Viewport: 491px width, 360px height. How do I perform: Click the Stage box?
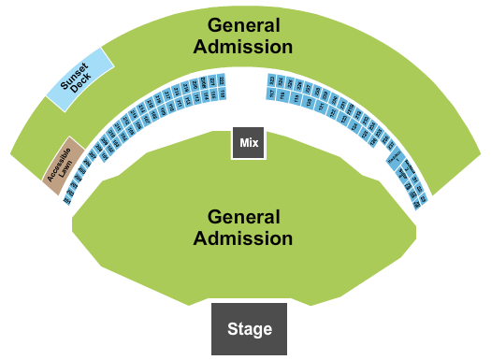[x=249, y=328]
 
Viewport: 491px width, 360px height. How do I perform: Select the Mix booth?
[x=248, y=143]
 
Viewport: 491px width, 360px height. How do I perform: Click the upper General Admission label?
[x=250, y=35]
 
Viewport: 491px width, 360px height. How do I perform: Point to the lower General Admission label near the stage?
[x=243, y=227]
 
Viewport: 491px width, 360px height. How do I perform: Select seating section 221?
[x=212, y=81]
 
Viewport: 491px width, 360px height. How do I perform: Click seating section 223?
[x=271, y=80]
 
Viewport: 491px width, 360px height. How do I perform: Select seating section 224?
[x=280, y=81]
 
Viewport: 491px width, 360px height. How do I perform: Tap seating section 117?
[x=271, y=94]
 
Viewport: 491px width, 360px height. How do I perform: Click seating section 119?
[x=296, y=98]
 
